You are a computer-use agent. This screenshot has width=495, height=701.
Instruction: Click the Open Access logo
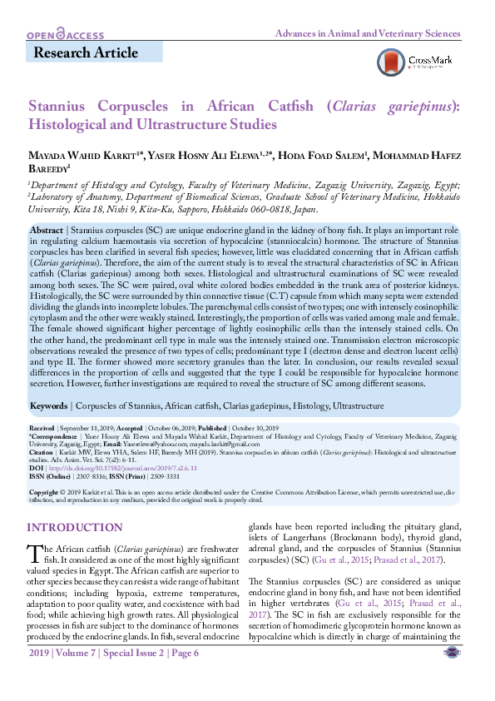[66, 35]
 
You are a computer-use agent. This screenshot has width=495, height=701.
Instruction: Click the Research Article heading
[86, 53]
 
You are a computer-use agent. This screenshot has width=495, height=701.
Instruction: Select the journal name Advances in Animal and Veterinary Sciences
[368, 34]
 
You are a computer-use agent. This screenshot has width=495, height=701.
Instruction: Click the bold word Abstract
[47, 229]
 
